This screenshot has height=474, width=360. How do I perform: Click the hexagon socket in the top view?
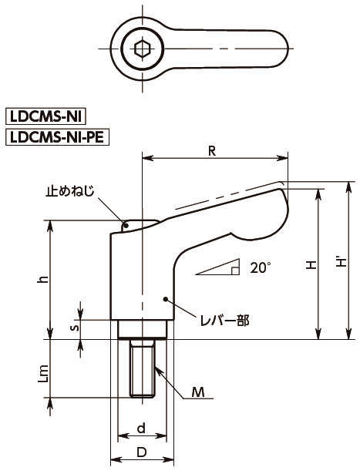tap(143, 49)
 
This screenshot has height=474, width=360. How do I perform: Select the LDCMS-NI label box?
tap(46, 116)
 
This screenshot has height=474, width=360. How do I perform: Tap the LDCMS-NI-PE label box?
tap(58, 138)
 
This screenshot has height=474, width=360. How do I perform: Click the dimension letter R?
tap(212, 151)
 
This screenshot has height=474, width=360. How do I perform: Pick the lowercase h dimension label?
tap(43, 279)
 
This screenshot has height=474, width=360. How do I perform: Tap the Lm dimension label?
tap(43, 374)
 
